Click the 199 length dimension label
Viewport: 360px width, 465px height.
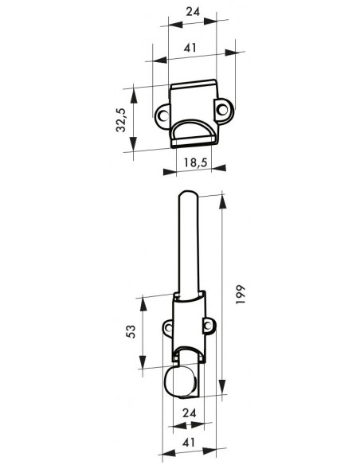coord(241,294)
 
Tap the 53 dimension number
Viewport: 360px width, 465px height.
coord(131,331)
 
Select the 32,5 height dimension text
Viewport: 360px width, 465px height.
coord(121,119)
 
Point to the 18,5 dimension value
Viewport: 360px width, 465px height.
coord(195,162)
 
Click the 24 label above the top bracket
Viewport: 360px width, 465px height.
coord(193,12)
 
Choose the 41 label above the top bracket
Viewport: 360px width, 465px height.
coord(190,48)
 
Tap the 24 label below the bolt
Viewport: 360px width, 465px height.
coord(190,412)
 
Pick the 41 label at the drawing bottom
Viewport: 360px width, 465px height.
coord(189,443)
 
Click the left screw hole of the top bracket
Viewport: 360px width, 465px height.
coord(162,115)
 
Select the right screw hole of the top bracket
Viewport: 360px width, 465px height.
coord(222,109)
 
